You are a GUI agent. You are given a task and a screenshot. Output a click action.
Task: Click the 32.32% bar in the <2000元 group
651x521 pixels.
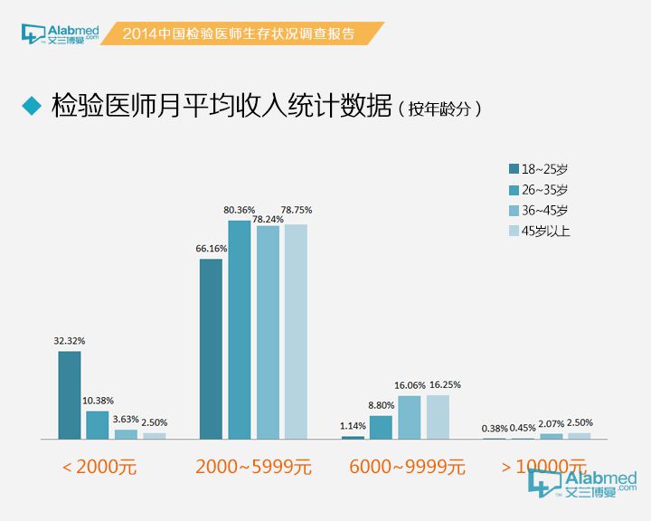[x=70, y=395]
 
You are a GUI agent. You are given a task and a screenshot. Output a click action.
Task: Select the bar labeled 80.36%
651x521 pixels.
[x=239, y=330]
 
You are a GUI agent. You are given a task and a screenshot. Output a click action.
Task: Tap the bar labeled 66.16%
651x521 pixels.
[x=211, y=349]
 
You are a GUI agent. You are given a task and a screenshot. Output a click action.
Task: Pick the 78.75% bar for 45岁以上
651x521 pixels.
[x=296, y=332]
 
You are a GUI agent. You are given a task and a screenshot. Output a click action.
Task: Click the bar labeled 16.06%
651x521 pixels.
[x=410, y=417]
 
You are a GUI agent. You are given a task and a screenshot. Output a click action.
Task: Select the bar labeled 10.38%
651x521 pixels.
[x=98, y=425]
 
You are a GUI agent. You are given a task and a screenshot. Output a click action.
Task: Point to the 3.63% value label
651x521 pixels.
[x=126, y=420]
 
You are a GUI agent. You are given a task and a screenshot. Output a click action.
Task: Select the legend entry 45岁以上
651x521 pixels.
[x=540, y=231]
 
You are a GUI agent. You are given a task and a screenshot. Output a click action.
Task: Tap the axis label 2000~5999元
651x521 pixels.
[x=253, y=468]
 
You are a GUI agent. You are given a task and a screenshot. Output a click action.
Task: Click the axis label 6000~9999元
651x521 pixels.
[x=408, y=468]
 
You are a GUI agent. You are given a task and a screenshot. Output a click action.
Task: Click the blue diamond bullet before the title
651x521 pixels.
[x=33, y=105]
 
